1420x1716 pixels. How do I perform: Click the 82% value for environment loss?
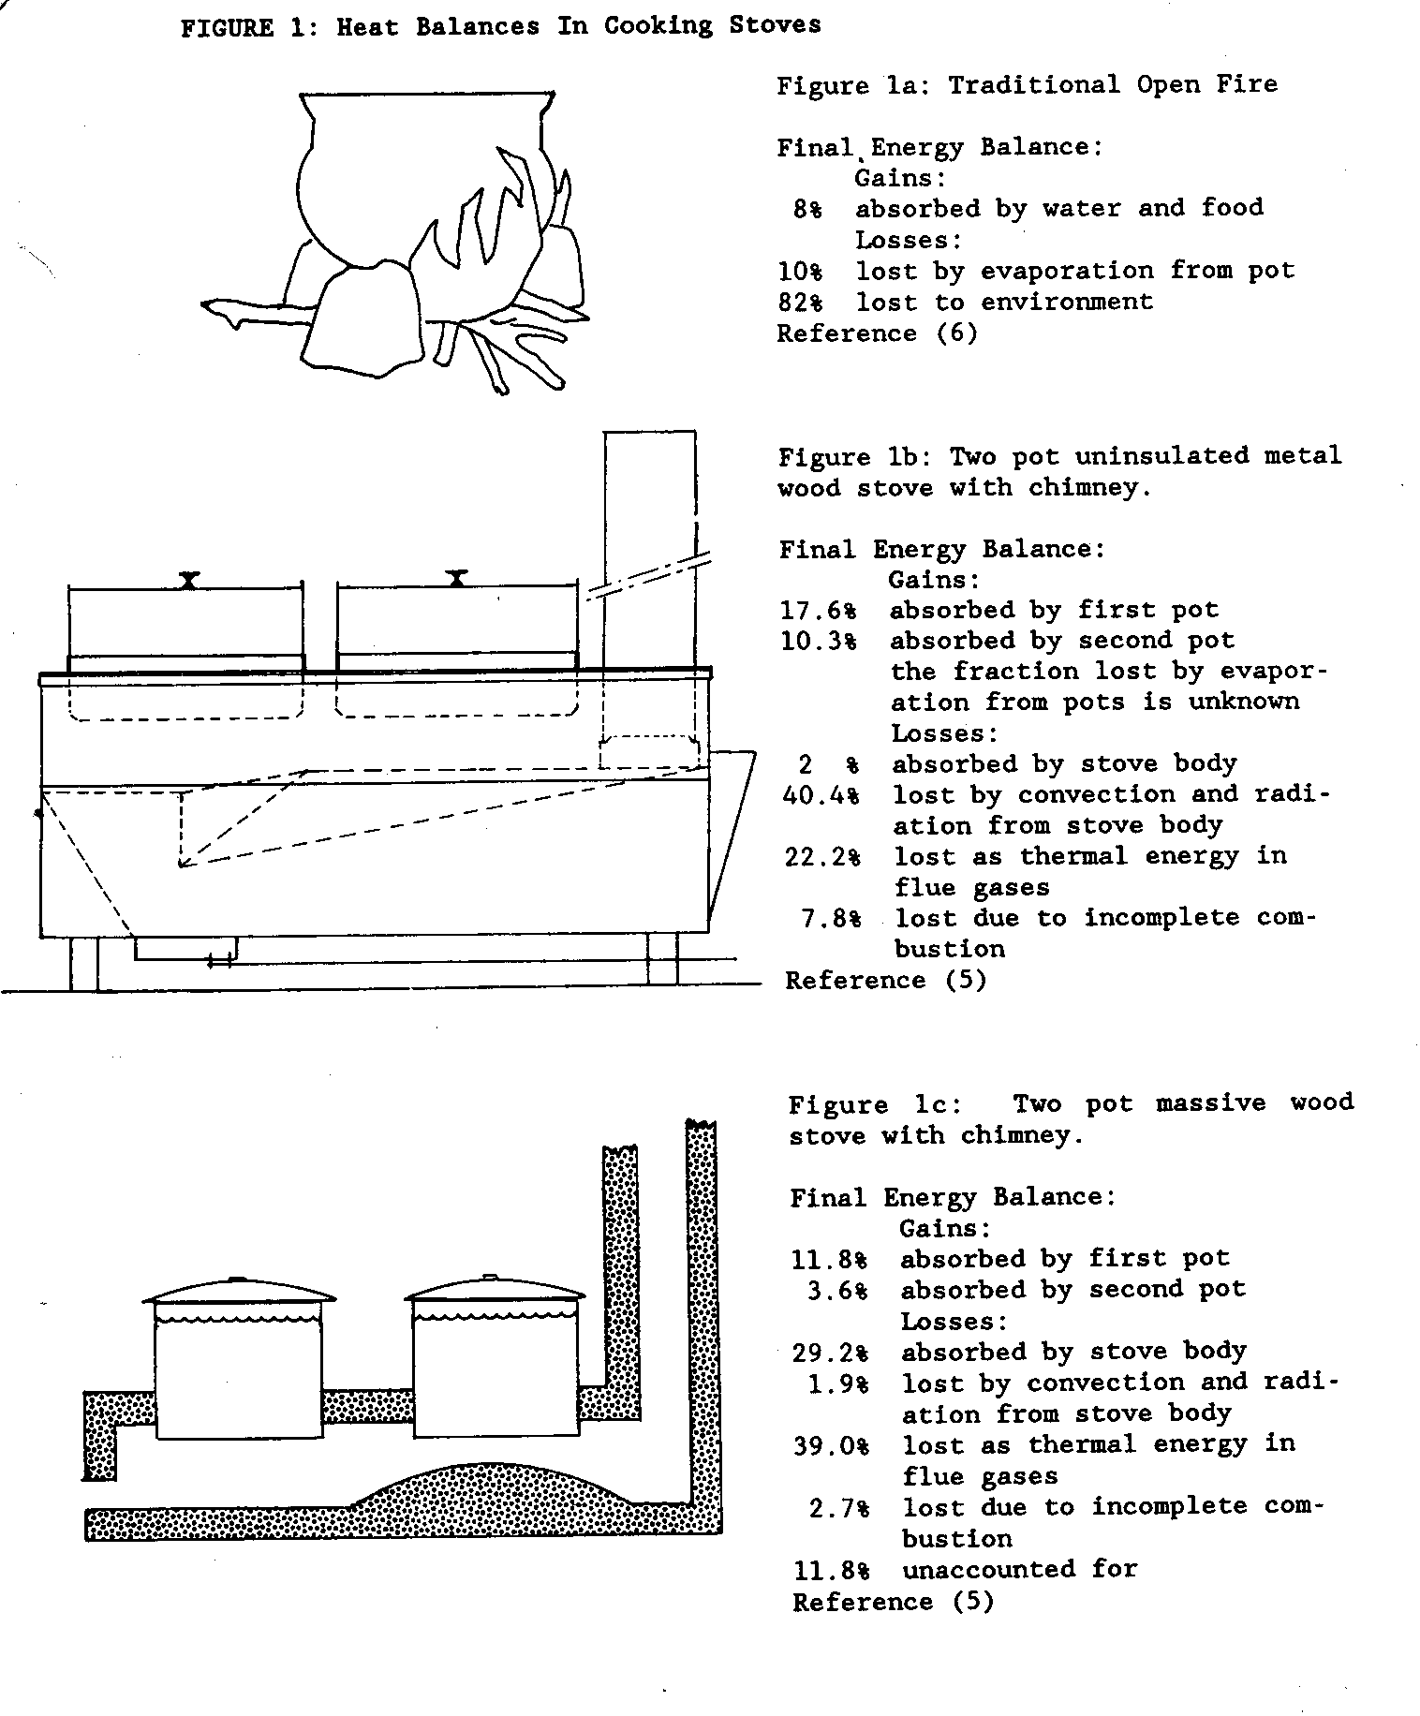click(800, 303)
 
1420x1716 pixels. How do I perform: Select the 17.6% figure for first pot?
click(818, 611)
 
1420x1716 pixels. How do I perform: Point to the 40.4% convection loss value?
click(820, 795)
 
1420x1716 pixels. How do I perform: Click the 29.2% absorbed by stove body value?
click(830, 1353)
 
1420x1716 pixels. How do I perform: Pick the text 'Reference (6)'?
click(877, 333)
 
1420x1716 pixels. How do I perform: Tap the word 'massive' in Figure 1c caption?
click(1210, 1103)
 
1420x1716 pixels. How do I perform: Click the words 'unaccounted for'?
click(1019, 1569)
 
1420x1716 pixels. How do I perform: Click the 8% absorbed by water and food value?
click(806, 209)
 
